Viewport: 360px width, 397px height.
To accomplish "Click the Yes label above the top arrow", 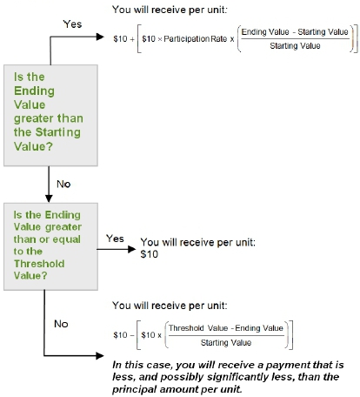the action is (72, 24).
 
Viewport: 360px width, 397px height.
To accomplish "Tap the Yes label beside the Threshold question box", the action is (115, 239).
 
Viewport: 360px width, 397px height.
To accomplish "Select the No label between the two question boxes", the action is (63, 184).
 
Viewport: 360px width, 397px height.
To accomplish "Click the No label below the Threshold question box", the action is (61, 324).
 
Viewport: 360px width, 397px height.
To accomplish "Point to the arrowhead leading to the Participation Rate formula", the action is (100, 37).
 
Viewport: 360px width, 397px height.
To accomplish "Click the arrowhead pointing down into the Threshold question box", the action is (49, 198).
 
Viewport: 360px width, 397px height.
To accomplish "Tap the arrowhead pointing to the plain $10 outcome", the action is (132, 249).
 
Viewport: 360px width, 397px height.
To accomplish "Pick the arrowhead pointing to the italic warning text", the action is (100, 355).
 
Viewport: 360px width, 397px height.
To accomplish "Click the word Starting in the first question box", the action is (57, 132).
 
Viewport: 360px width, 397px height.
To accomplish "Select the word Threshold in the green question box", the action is (39, 264).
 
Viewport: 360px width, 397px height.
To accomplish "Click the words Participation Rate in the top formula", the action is (196, 39).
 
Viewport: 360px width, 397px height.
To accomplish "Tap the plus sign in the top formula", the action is (132, 39).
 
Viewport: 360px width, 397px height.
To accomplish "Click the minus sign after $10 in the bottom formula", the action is (132, 335).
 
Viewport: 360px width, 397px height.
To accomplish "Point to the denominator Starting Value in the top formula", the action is (295, 46).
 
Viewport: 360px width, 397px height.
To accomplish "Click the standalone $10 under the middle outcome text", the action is (150, 254).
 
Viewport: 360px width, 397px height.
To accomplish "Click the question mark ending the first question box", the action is (50, 146).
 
